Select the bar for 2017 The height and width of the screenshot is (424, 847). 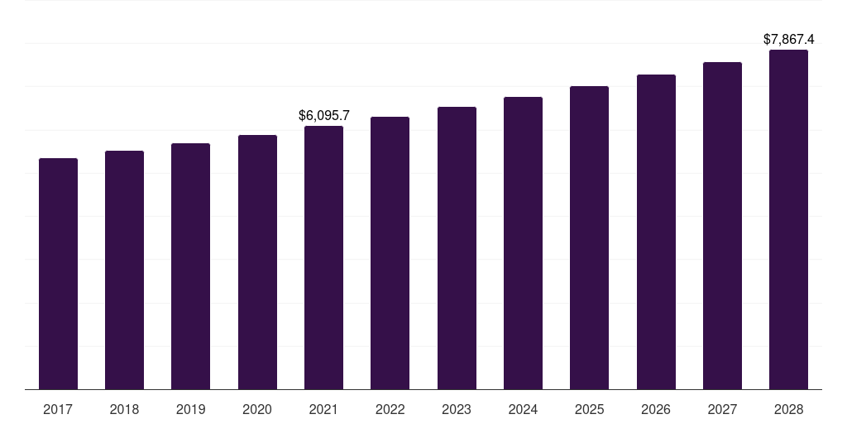tap(58, 273)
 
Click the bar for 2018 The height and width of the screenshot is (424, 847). tap(124, 270)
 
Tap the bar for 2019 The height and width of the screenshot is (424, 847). tap(190, 266)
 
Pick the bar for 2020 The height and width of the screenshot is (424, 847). tap(257, 262)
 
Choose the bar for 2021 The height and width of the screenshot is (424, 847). tap(323, 258)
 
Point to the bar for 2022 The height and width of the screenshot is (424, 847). tap(390, 253)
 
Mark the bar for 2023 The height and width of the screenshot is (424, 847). tap(457, 248)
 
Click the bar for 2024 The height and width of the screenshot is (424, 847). tap(523, 243)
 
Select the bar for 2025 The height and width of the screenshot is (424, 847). tap(589, 238)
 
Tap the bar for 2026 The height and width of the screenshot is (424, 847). tap(656, 232)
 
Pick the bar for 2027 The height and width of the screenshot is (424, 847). tap(722, 225)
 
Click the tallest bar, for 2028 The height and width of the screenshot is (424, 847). tap(788, 219)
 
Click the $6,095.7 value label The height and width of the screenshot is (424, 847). tap(323, 116)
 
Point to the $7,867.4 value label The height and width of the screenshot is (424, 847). tap(788, 39)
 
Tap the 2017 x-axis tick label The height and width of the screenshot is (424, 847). tap(58, 409)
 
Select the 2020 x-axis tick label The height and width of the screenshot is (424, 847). tap(257, 409)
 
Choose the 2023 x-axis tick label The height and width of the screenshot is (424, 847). tap(457, 409)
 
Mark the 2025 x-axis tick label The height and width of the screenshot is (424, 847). tap(589, 409)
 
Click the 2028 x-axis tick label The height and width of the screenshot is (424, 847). tap(788, 409)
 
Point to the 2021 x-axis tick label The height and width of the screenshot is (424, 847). tap(323, 409)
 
